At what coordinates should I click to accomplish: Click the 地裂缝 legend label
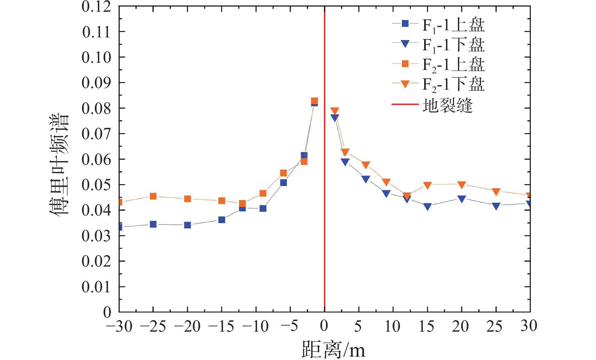448,105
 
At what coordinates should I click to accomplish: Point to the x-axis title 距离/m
333,349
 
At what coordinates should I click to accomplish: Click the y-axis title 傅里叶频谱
60,164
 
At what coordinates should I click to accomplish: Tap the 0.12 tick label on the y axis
96,6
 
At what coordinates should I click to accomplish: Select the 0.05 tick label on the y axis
96,185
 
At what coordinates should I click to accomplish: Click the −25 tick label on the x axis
153,326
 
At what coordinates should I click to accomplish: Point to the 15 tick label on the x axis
427,326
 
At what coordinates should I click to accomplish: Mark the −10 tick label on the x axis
255,326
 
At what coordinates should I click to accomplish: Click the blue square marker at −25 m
153,224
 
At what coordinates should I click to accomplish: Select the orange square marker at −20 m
187,199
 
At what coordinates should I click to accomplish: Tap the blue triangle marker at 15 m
428,206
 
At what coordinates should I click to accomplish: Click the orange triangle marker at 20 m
462,185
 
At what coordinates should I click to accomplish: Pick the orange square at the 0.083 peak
314,101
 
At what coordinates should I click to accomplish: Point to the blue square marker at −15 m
222,220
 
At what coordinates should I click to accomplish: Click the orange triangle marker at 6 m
366,165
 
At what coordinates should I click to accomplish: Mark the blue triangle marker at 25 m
496,206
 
